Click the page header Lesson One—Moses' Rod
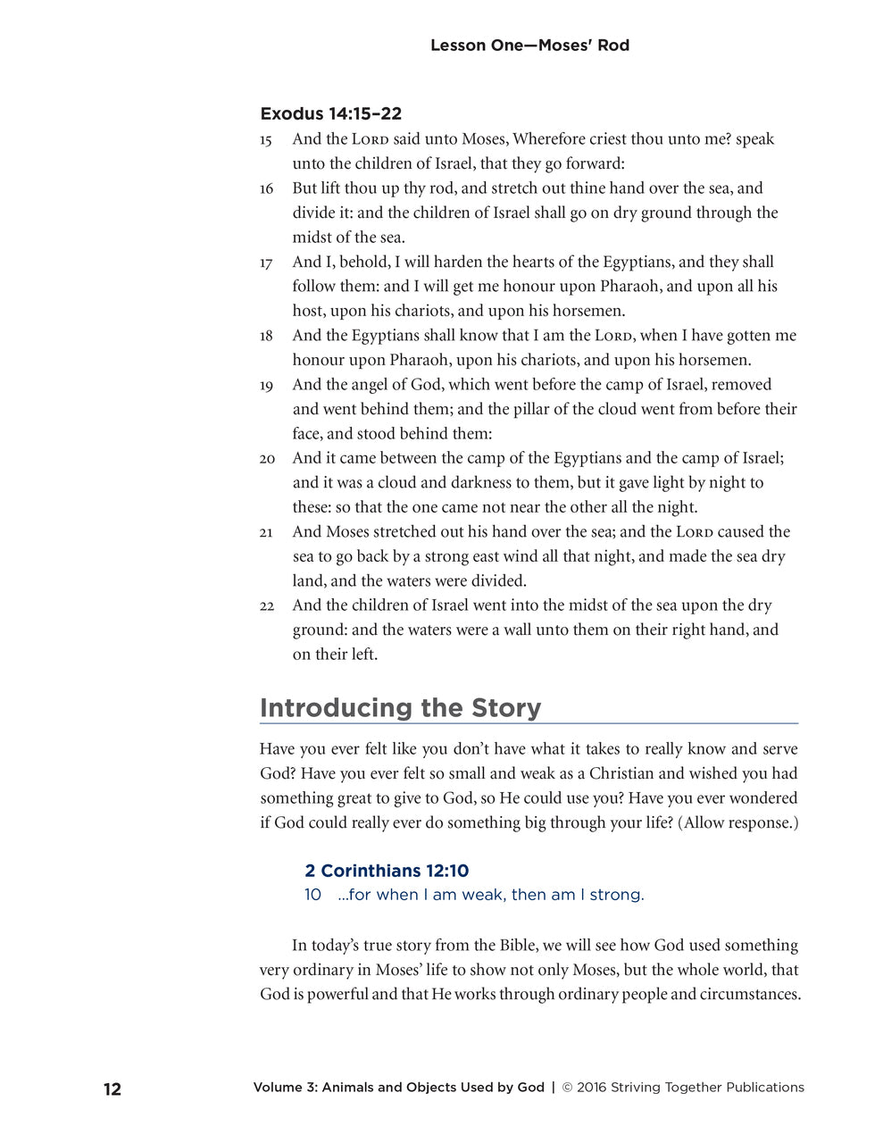click(x=529, y=46)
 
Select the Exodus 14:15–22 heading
click(x=330, y=113)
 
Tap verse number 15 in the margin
click(x=266, y=140)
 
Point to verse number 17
click(x=266, y=263)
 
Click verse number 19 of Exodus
click(x=266, y=386)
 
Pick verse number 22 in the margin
click(x=267, y=606)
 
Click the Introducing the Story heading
click(x=400, y=708)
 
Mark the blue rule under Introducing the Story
click(x=529, y=723)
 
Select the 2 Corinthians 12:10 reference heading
click(x=386, y=871)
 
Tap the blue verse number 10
click(x=312, y=895)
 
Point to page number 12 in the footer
click(x=112, y=1089)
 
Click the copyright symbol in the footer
click(x=566, y=1088)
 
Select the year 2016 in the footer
click(x=591, y=1088)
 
